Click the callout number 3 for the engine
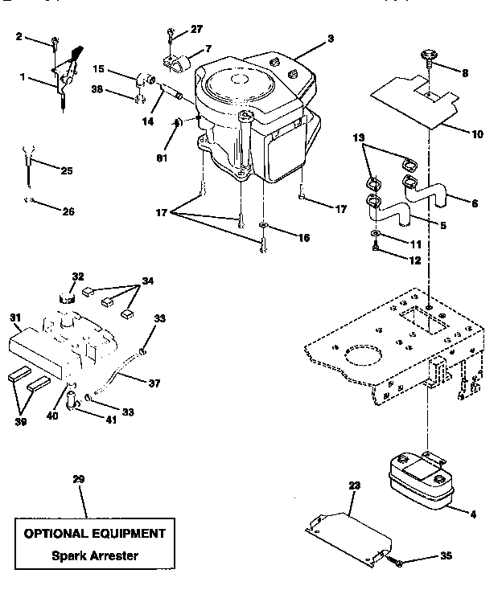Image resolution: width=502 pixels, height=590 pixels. [x=309, y=38]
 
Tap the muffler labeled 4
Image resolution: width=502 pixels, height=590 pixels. [x=418, y=479]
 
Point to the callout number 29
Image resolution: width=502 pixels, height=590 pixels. [x=78, y=479]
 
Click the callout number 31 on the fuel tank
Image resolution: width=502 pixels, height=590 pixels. [x=15, y=317]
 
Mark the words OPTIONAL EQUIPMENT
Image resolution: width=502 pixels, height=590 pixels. [x=94, y=533]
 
